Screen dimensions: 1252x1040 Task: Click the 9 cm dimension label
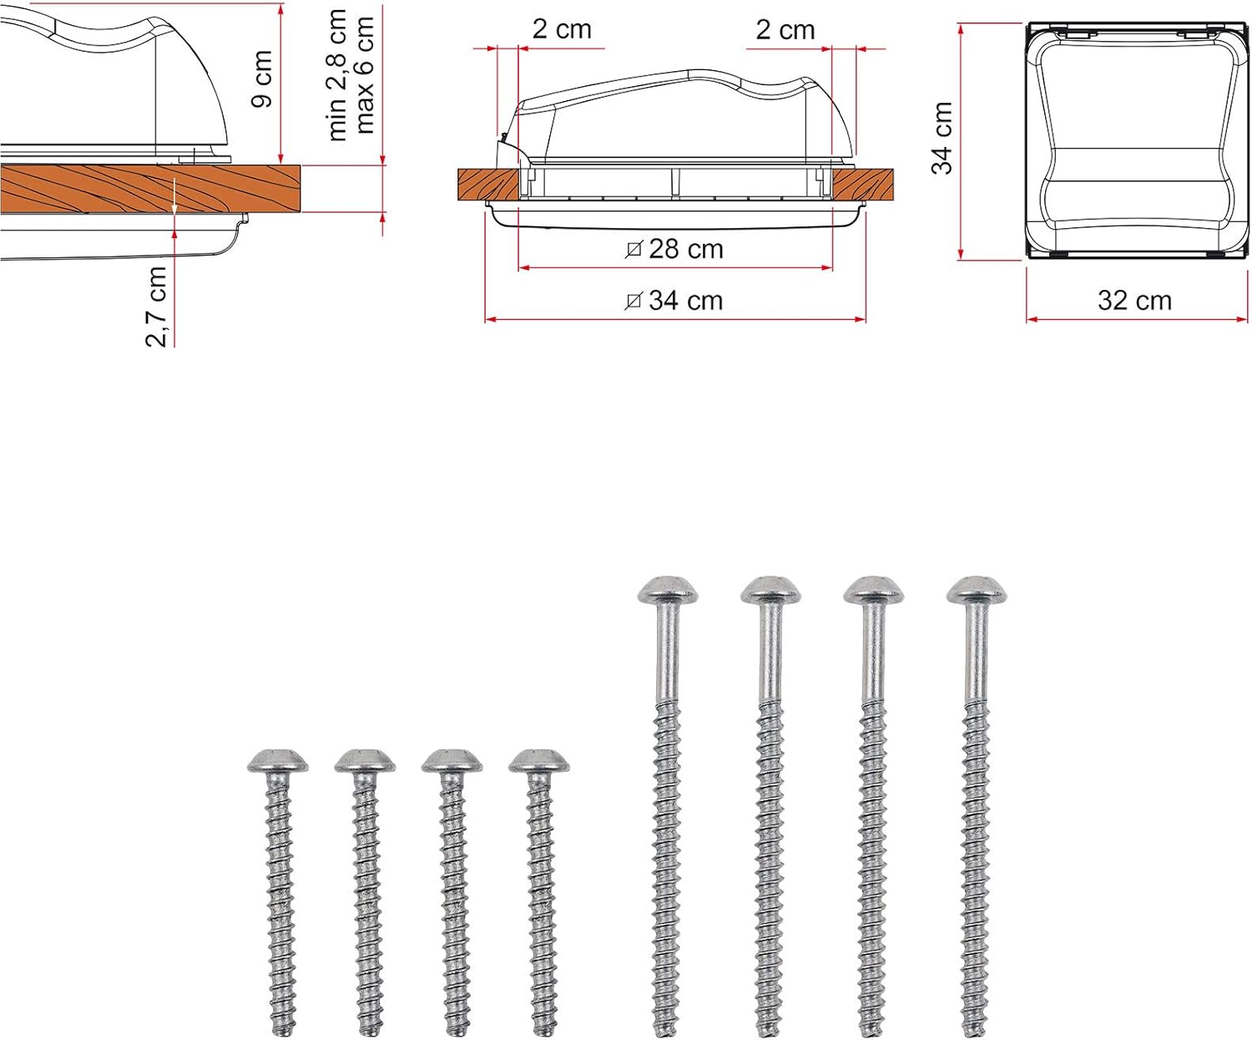[x=261, y=79]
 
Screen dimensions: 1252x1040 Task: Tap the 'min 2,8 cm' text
[x=337, y=75]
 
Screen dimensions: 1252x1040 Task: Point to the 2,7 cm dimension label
[x=156, y=307]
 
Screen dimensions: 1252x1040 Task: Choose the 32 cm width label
[x=1134, y=301]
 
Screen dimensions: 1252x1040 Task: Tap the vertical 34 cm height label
[x=942, y=138]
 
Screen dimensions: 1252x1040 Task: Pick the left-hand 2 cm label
[x=562, y=29]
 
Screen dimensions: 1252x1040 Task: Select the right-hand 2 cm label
[x=785, y=30]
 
